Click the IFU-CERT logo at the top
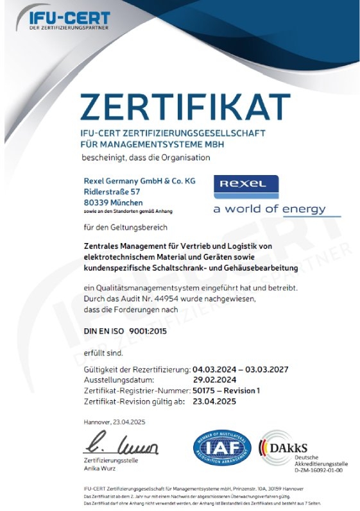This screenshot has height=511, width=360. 69,20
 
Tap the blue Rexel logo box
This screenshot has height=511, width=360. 246,185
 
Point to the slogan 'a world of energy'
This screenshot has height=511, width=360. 269,209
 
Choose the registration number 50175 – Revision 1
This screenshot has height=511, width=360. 227,390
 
